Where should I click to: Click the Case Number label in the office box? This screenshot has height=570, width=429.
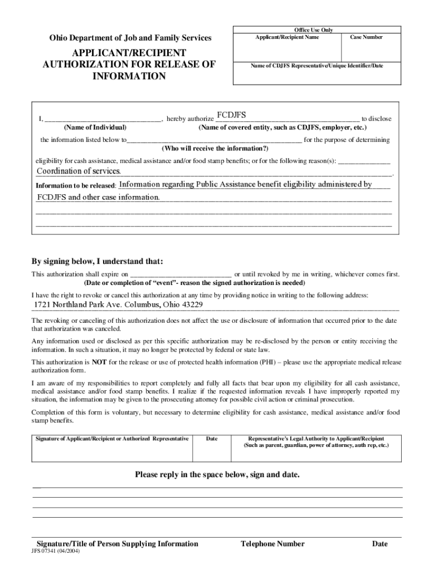pyautogui.click(x=366, y=37)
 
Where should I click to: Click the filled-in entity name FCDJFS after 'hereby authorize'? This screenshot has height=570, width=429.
pyautogui.click(x=231, y=115)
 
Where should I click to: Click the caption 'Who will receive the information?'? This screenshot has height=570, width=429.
pyautogui.click(x=215, y=149)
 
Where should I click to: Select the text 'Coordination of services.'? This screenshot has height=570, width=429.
pyautogui.click(x=79, y=171)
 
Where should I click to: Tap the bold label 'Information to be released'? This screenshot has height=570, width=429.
pyautogui.click(x=75, y=185)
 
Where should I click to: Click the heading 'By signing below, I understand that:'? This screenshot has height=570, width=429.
pyautogui.click(x=97, y=262)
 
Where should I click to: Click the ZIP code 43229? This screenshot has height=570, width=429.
pyautogui.click(x=191, y=305)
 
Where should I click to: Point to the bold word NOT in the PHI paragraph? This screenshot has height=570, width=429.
pyautogui.click(x=99, y=362)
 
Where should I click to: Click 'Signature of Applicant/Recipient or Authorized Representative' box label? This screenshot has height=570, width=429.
pyautogui.click(x=112, y=439)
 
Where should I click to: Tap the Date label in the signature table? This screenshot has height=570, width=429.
pyautogui.click(x=212, y=439)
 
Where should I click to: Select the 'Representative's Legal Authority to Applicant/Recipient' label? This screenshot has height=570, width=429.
pyautogui.click(x=316, y=439)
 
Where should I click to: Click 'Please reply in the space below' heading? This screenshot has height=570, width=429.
pyautogui.click(x=217, y=475)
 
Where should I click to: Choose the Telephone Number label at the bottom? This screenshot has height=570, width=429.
pyautogui.click(x=272, y=544)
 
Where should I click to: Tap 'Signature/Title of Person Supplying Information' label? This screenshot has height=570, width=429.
pyautogui.click(x=117, y=544)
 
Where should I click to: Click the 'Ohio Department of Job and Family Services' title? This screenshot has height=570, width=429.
pyautogui.click(x=130, y=38)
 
